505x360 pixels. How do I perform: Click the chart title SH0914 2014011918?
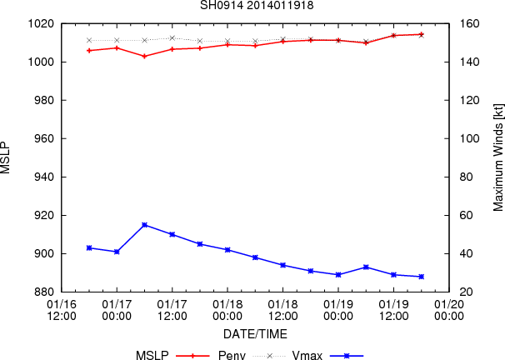click(x=257, y=6)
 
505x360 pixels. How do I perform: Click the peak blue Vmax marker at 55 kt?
click(x=145, y=225)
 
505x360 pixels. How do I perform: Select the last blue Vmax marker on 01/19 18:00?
click(x=422, y=277)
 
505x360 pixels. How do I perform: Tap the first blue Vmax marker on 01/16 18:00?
click(x=89, y=248)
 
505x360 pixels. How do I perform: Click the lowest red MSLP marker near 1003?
click(x=145, y=56)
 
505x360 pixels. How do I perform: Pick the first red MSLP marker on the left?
click(x=89, y=51)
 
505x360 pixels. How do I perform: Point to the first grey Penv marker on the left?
click(x=89, y=40)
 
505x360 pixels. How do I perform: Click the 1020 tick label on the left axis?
click(x=40, y=24)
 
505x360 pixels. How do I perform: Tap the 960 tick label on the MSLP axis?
click(x=44, y=139)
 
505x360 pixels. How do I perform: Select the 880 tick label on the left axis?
click(x=44, y=292)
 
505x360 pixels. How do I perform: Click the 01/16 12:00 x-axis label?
click(x=62, y=310)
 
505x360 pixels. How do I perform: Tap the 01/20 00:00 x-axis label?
click(x=449, y=310)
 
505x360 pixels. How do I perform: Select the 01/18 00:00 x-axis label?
click(x=227, y=310)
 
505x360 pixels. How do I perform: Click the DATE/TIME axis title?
click(x=255, y=334)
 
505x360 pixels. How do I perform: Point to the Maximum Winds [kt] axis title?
click(x=497, y=157)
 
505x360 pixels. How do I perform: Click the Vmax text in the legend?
click(x=307, y=355)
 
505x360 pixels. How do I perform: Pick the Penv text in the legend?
click(x=232, y=355)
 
